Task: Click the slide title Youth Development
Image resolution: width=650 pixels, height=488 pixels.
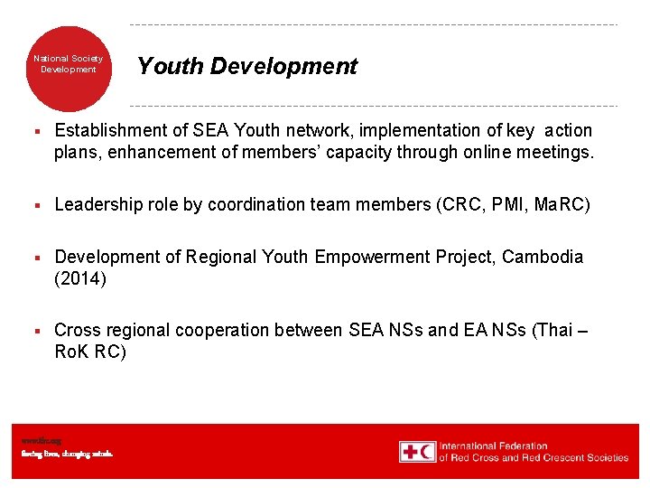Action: tap(246, 66)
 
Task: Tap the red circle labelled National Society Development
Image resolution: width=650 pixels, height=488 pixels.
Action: tap(69, 65)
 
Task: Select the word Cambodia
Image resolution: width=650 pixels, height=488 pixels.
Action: tap(543, 258)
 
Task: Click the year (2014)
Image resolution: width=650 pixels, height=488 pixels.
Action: tap(80, 279)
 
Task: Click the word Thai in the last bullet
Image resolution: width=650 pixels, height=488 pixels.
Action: tap(552, 331)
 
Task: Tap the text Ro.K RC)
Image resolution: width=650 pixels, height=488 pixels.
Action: tap(90, 352)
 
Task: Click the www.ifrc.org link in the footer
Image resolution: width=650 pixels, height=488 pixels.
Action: tap(36, 440)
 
